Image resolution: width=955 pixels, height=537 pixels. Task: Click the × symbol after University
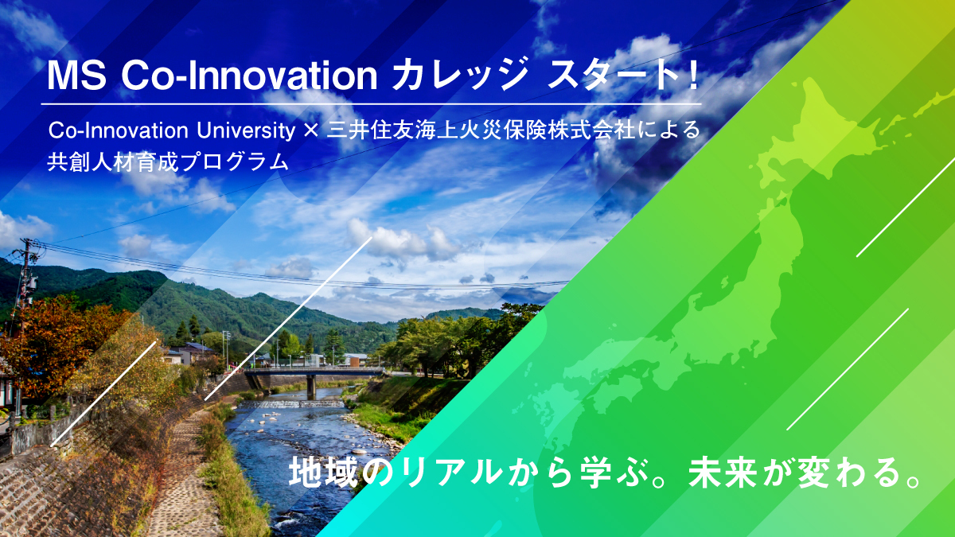point(311,130)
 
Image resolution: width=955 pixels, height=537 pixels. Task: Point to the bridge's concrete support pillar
point(311,387)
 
